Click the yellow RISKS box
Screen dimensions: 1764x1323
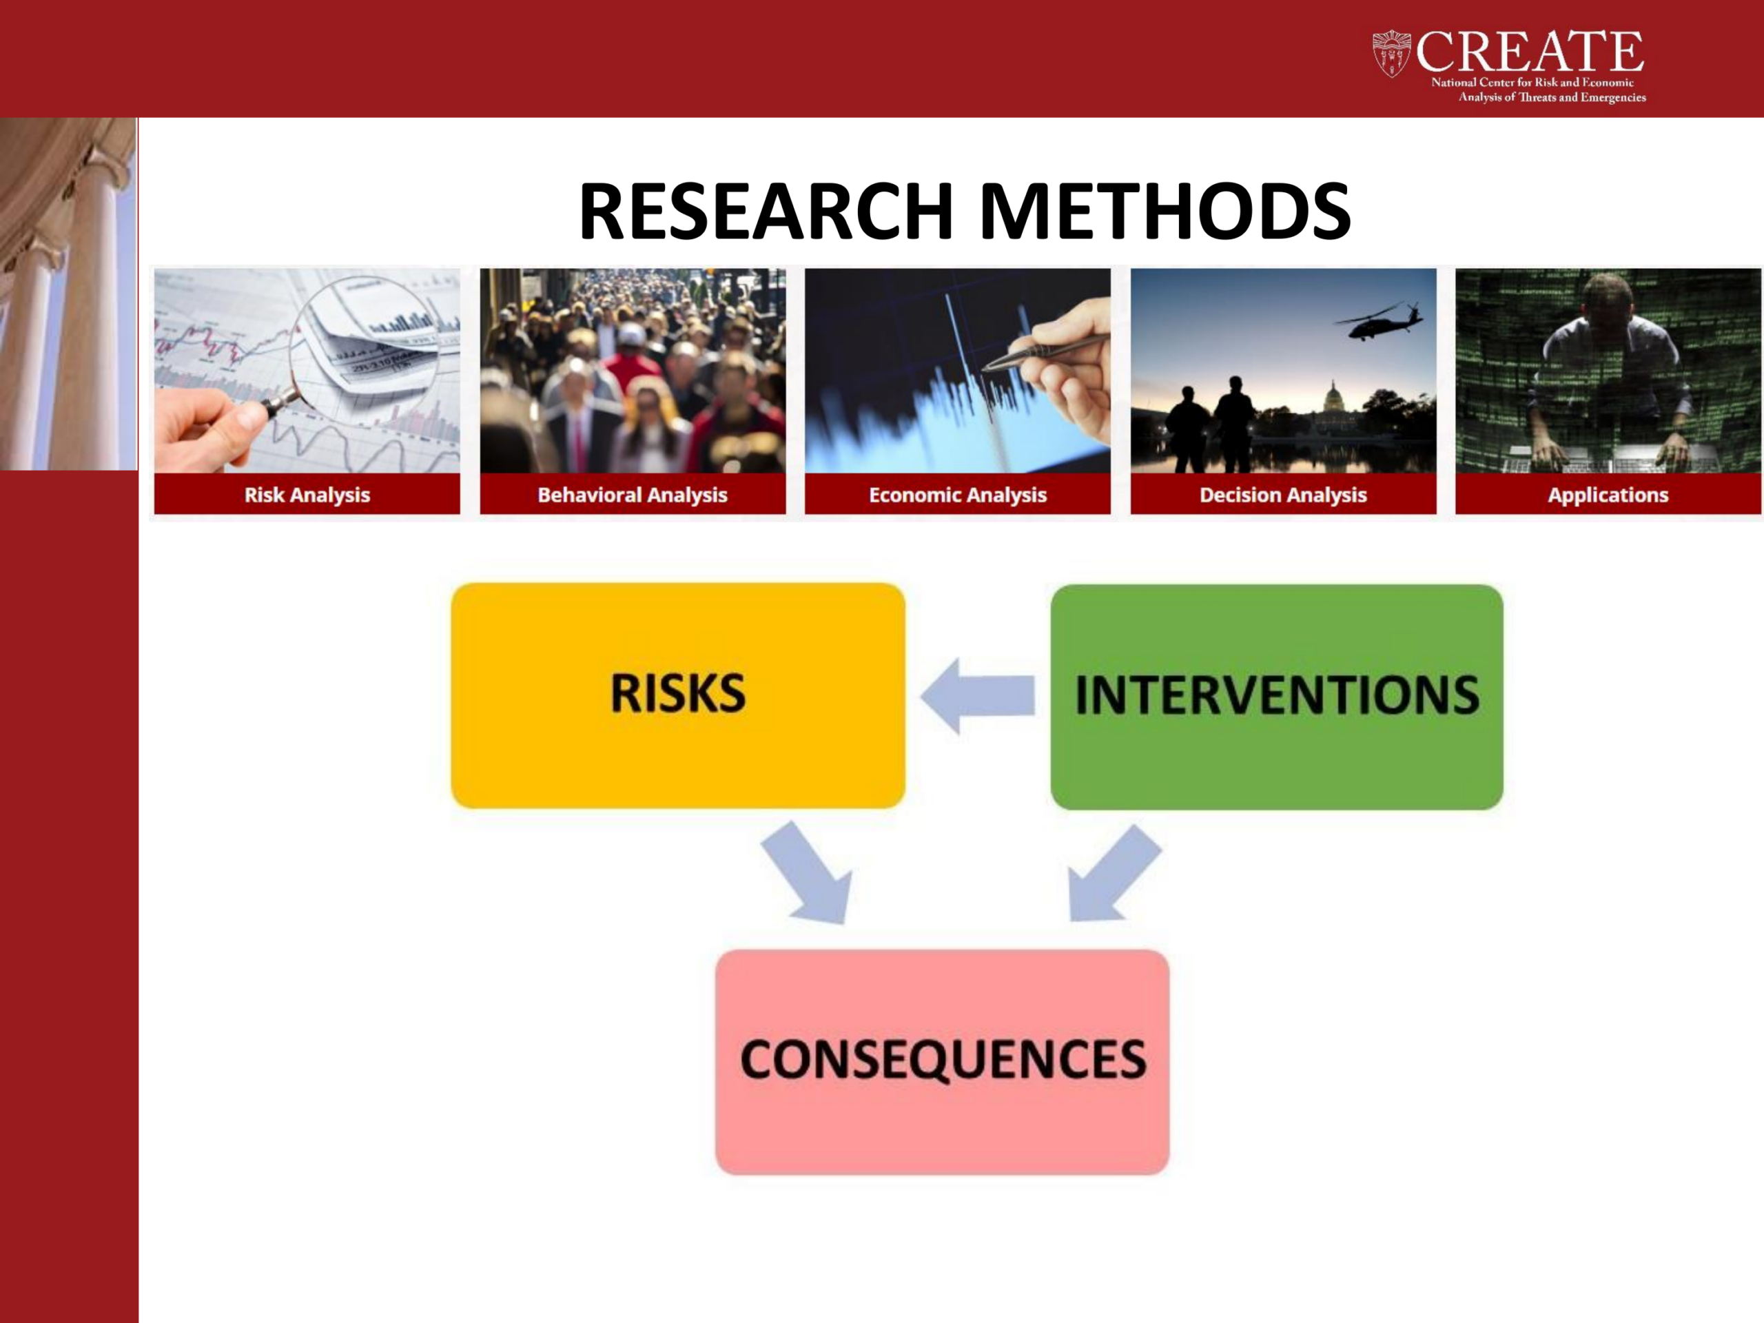coord(678,695)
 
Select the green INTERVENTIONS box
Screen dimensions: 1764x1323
coord(1277,697)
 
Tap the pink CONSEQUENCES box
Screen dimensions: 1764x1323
coord(943,1061)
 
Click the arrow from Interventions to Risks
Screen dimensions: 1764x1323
coord(978,695)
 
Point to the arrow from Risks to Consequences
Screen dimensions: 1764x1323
coord(807,873)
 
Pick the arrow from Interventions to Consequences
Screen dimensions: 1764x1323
coord(1114,873)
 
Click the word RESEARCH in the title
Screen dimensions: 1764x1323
coord(766,212)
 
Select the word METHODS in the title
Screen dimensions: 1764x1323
coord(1165,212)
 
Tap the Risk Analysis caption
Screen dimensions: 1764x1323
coord(307,495)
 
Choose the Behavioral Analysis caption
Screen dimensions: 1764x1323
coord(633,495)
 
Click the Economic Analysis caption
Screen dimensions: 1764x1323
coord(958,495)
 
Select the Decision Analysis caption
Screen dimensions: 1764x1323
coord(1283,495)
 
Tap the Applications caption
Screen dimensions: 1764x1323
coord(1608,495)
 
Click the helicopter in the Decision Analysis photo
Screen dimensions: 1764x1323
coord(1378,320)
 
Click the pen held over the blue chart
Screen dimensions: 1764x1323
coord(1045,351)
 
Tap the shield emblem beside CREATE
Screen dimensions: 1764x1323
coord(1392,54)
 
